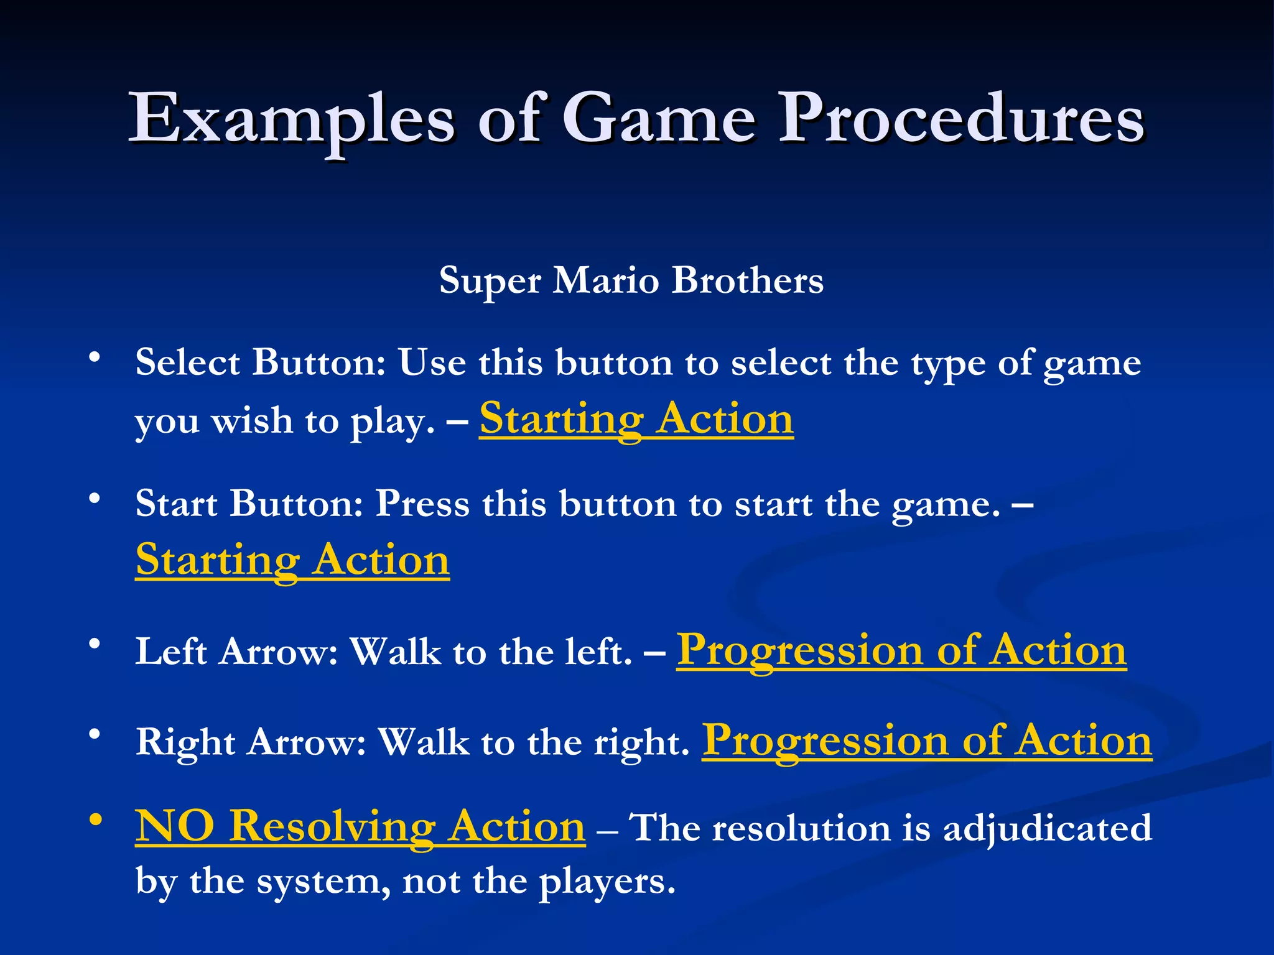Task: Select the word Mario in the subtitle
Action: tap(605, 280)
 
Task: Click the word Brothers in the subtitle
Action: tap(747, 280)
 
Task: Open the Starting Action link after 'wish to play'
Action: tap(636, 419)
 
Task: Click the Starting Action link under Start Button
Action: tap(292, 560)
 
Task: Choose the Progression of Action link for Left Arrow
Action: tap(901, 651)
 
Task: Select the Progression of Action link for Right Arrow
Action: tap(927, 741)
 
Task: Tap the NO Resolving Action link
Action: tap(360, 827)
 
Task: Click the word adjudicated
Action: tap(1047, 828)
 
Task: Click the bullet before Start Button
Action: tap(95, 499)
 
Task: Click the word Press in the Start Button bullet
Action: tap(422, 504)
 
